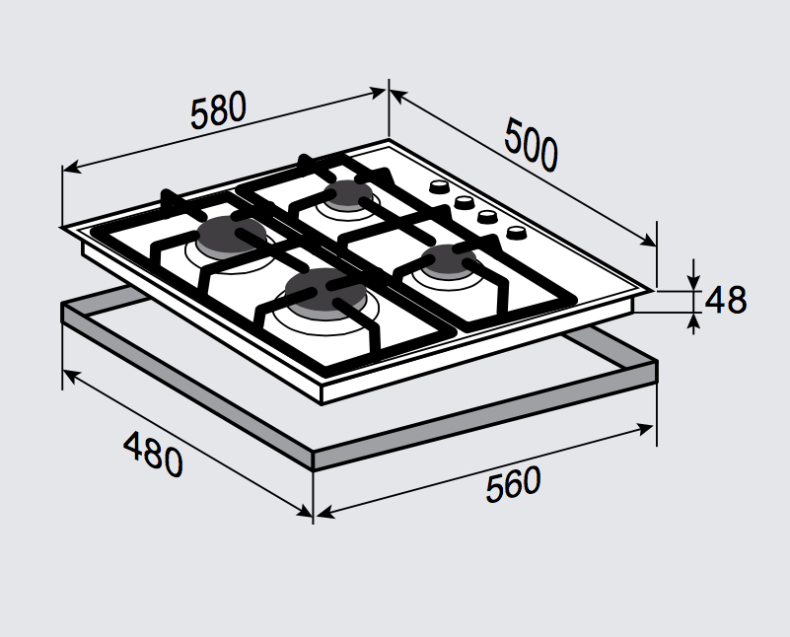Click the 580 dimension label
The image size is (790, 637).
(218, 109)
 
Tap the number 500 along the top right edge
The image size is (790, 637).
(531, 145)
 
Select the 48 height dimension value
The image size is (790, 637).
(726, 300)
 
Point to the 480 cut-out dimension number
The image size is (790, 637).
(153, 454)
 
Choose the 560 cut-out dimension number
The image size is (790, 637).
(513, 484)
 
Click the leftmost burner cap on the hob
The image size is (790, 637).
(231, 235)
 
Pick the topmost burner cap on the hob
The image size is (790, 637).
(349, 194)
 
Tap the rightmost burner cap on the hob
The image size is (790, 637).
(449, 260)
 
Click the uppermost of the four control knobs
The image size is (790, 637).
(439, 186)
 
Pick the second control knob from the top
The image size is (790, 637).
(463, 202)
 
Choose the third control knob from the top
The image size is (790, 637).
(487, 217)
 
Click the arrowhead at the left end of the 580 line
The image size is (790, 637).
(72, 168)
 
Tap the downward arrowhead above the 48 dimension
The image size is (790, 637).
(694, 282)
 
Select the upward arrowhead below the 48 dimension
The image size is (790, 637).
(694, 321)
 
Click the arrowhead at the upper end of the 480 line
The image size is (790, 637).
(72, 376)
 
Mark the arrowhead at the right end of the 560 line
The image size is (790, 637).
(644, 429)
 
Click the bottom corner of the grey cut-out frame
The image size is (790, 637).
(314, 469)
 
